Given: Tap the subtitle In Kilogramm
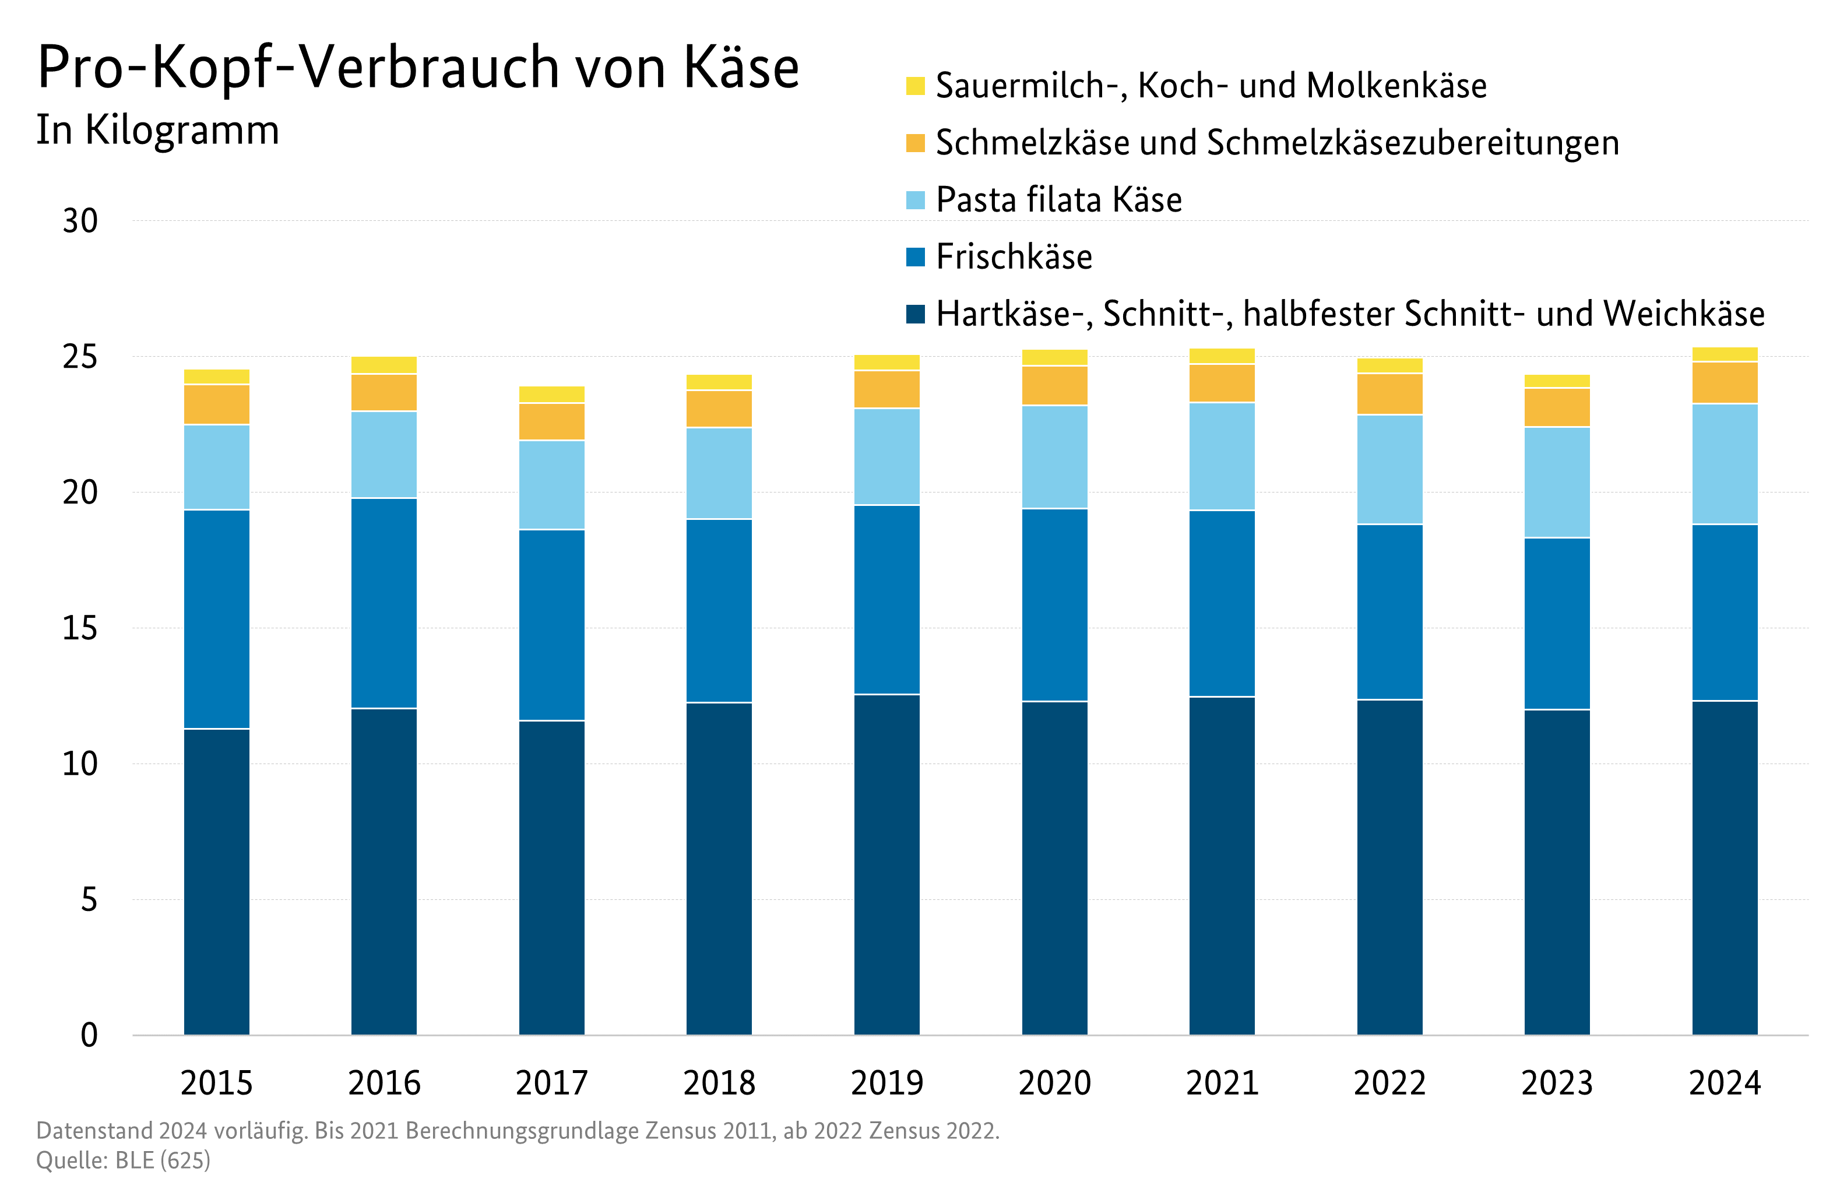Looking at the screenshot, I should (157, 129).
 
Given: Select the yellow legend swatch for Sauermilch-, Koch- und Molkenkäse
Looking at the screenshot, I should (914, 86).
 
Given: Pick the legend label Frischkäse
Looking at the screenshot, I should (1014, 257).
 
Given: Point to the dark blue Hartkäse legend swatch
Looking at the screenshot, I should (914, 314).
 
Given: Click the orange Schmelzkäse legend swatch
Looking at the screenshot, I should (914, 143).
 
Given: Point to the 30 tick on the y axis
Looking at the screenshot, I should (80, 221).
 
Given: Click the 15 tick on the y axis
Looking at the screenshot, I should (80, 629).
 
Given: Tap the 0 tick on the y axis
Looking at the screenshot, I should (89, 1036).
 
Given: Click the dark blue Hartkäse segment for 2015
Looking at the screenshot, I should (216, 882).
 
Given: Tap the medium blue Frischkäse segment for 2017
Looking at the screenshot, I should (551, 625).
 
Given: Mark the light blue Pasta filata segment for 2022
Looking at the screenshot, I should (1389, 470).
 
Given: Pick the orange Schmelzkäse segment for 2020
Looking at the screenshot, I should (1054, 385).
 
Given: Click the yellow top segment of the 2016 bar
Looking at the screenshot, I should (384, 365).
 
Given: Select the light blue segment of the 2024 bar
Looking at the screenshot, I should (1725, 464).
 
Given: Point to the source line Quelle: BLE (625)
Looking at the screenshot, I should (123, 1160).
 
